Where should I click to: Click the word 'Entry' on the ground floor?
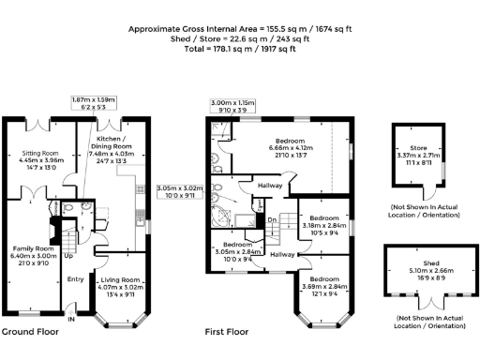[x=77, y=278]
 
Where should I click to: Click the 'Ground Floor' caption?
[x=31, y=332]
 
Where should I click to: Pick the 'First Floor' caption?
[x=228, y=332]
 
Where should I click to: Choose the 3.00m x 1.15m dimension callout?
[x=233, y=102]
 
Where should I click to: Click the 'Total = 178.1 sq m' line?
[x=239, y=49]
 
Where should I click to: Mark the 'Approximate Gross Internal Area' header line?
[x=239, y=28]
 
